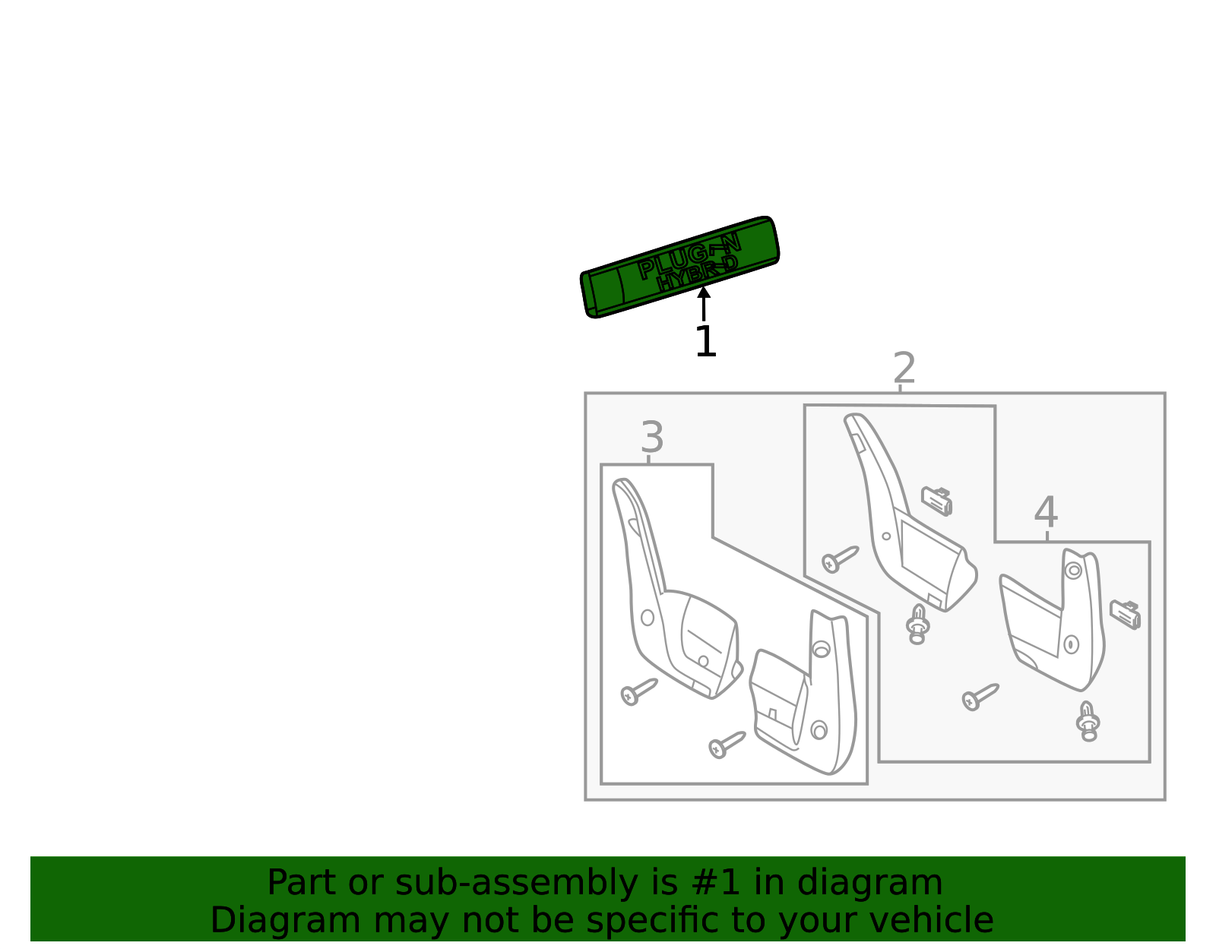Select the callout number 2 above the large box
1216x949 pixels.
[904, 368]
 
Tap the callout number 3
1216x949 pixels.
[653, 437]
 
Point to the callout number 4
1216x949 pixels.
[1046, 511]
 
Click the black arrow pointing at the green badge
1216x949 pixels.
[704, 303]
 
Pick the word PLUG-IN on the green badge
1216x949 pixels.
[689, 256]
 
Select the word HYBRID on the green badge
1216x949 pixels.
[697, 274]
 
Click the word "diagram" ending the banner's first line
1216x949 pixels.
[869, 883]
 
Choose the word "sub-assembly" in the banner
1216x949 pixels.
[517, 884]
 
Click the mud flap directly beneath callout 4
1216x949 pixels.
[1052, 620]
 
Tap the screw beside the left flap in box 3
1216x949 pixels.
[639, 691]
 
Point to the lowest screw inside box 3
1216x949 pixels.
[727, 745]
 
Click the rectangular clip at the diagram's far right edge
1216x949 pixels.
[1126, 615]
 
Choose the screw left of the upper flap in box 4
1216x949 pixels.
[840, 559]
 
